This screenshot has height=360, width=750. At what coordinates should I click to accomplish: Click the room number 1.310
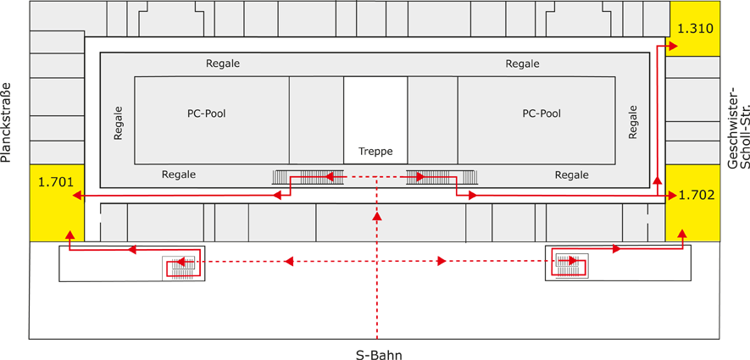tap(695, 27)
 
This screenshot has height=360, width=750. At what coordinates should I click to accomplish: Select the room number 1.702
tap(697, 195)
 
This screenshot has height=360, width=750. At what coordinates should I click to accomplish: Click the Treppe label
tap(375, 152)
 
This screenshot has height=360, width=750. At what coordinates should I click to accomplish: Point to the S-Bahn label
tap(378, 354)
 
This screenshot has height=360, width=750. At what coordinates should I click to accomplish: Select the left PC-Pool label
tap(207, 113)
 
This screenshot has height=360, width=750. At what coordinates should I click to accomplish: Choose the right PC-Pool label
tap(542, 113)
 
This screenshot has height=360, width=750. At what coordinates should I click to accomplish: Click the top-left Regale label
tap(223, 64)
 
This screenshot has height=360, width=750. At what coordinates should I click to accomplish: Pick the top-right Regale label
tap(522, 64)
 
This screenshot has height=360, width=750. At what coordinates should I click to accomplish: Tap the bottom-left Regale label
tap(179, 174)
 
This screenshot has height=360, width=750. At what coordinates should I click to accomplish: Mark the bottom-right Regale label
tap(571, 174)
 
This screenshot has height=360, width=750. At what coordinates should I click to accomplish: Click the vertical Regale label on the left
tap(118, 123)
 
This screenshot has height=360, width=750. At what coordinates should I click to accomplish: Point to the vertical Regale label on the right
tap(632, 122)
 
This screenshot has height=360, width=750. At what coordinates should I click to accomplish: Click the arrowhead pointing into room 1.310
tap(672, 47)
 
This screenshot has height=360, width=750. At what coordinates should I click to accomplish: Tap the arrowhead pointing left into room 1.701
tap(76, 196)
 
